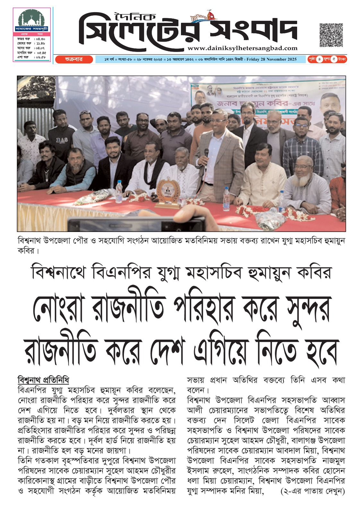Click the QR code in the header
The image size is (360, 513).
coord(331,35)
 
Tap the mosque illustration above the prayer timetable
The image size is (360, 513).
coord(31,19)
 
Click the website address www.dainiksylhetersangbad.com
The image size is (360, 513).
coord(243,48)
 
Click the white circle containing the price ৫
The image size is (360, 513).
coord(333,59)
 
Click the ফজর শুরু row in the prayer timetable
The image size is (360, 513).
coord(31,39)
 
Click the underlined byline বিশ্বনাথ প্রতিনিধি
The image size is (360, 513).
coord(43,380)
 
